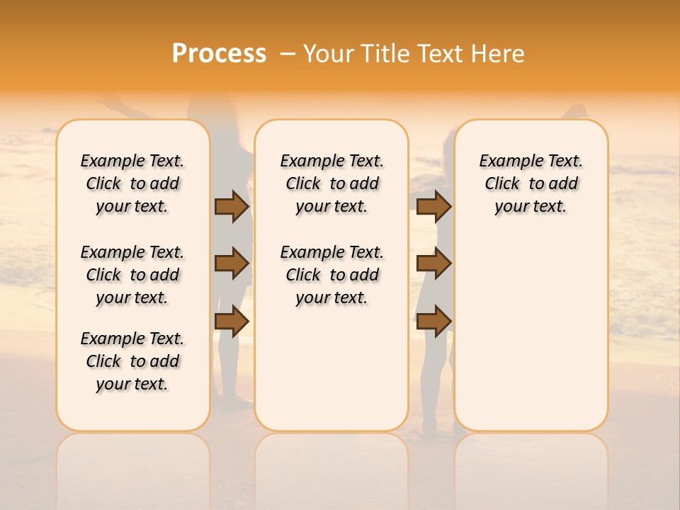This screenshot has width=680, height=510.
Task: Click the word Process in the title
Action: click(x=219, y=54)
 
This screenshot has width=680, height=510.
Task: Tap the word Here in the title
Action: click(x=498, y=54)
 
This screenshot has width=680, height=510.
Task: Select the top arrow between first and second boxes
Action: click(x=232, y=206)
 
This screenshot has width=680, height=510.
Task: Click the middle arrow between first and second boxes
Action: click(x=232, y=263)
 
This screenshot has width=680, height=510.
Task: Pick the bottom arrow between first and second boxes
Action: click(x=232, y=321)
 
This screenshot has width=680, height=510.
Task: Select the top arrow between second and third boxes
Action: click(x=433, y=206)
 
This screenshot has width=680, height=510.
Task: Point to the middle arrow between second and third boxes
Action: click(x=433, y=263)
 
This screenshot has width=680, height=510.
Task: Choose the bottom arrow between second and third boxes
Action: click(x=433, y=321)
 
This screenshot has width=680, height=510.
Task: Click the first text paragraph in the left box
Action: click(x=132, y=183)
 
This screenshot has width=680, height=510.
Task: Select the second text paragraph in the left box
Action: click(x=132, y=275)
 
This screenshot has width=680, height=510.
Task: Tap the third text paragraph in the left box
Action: click(x=132, y=361)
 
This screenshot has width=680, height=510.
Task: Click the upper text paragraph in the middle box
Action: click(x=331, y=183)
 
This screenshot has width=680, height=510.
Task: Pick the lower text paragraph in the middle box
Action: click(x=331, y=275)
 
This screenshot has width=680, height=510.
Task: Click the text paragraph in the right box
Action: click(x=531, y=183)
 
